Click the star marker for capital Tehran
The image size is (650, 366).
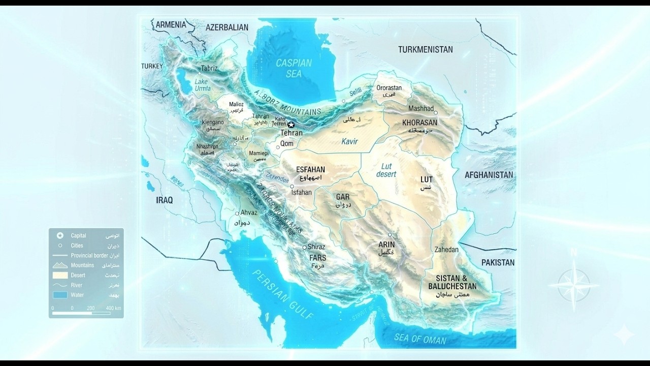291,125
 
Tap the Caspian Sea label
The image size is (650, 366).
294,69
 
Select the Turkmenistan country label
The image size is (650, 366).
425,49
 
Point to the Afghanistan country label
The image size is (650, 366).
489,175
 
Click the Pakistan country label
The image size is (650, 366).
498,262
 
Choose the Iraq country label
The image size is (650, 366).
164,200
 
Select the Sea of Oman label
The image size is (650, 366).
420,340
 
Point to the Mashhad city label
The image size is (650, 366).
421,108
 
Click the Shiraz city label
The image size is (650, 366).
316,247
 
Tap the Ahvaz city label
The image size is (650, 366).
249,212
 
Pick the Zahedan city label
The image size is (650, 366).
446,250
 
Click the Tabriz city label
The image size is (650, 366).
209,68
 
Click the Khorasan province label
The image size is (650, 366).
419,123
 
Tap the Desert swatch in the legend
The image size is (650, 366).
60,275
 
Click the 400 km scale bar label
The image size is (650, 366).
113,308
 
